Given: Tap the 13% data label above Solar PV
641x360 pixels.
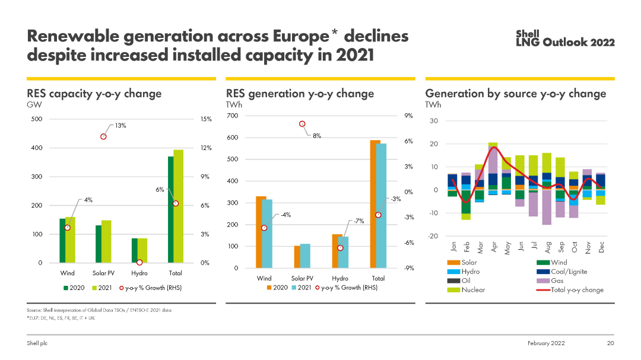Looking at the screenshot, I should (120, 126).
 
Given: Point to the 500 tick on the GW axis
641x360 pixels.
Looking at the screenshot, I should (36, 119).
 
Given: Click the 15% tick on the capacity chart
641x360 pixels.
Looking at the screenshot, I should (205, 119).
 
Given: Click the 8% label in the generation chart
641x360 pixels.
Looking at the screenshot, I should (317, 136).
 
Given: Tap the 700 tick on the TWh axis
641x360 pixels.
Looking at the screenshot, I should (232, 116).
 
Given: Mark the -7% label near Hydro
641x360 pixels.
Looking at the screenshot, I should (359, 221).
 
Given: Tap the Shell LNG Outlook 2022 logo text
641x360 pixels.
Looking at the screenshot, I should (565, 38).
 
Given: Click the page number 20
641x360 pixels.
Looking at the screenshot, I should (610, 343).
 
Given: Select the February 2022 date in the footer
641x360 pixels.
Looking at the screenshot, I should (546, 343).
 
